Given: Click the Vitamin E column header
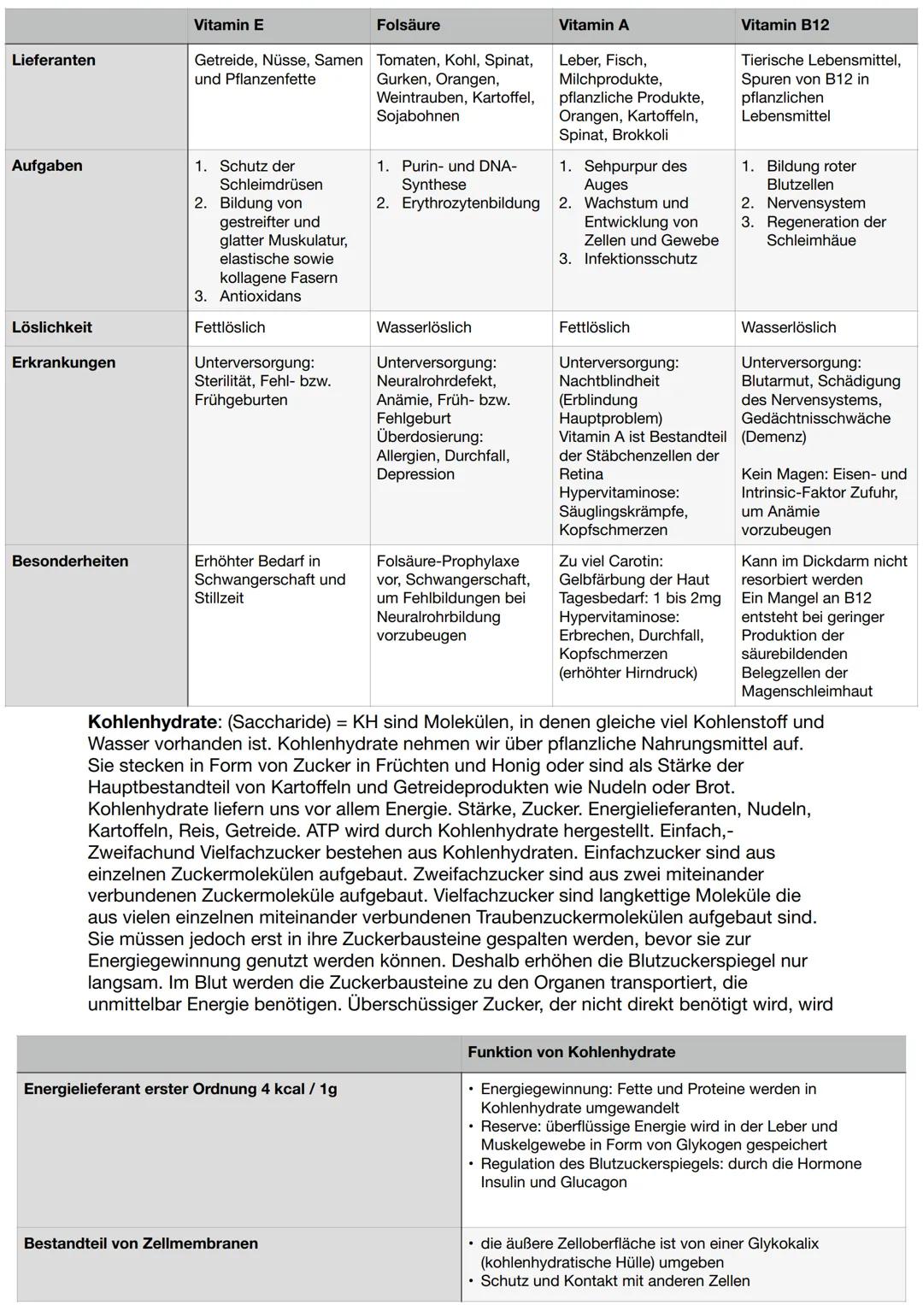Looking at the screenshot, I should [228, 25].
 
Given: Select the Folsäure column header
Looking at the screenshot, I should [409, 25].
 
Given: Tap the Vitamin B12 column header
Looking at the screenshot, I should [785, 25].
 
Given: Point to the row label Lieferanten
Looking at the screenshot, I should [54, 60].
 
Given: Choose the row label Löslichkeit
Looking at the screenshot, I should [52, 327].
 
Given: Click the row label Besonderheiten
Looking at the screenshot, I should [70, 561].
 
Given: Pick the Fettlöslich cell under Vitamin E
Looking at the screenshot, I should [230, 327].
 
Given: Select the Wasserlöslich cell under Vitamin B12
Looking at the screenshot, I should [789, 327].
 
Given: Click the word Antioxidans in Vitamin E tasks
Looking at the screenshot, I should [261, 296].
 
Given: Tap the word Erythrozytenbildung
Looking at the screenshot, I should [471, 203].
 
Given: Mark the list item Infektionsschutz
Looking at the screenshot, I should [641, 259].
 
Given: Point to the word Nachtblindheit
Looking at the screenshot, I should [609, 380].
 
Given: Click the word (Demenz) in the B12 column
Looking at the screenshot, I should [773, 437].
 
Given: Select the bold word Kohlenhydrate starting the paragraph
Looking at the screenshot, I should [152, 721].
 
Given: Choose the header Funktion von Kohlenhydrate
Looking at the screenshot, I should [571, 1052].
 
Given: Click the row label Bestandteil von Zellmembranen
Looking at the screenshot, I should [141, 1243].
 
